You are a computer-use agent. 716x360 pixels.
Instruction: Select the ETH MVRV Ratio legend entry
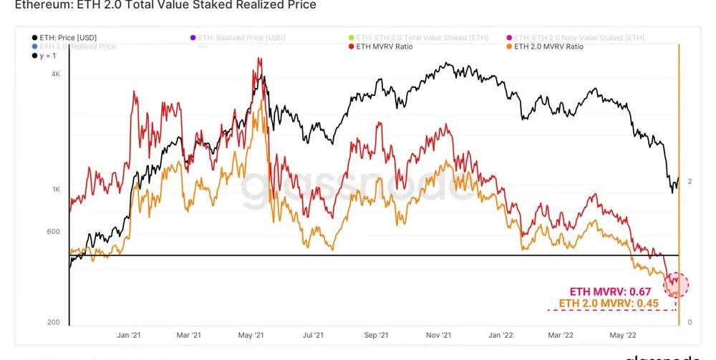tap(384, 47)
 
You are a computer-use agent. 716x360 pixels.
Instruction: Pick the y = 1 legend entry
tap(49, 56)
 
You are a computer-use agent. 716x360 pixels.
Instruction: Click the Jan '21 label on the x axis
tap(128, 334)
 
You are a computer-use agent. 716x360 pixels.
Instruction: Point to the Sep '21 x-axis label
tap(375, 334)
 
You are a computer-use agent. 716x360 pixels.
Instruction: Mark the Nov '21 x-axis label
tap(437, 334)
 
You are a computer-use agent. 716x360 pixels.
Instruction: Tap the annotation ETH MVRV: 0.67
tap(611, 291)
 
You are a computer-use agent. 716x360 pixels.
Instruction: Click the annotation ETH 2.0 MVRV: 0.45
tap(605, 303)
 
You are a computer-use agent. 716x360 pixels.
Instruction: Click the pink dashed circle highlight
tap(676, 285)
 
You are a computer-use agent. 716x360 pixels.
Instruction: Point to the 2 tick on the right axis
tap(689, 182)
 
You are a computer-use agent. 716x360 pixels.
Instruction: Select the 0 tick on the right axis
tap(689, 322)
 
